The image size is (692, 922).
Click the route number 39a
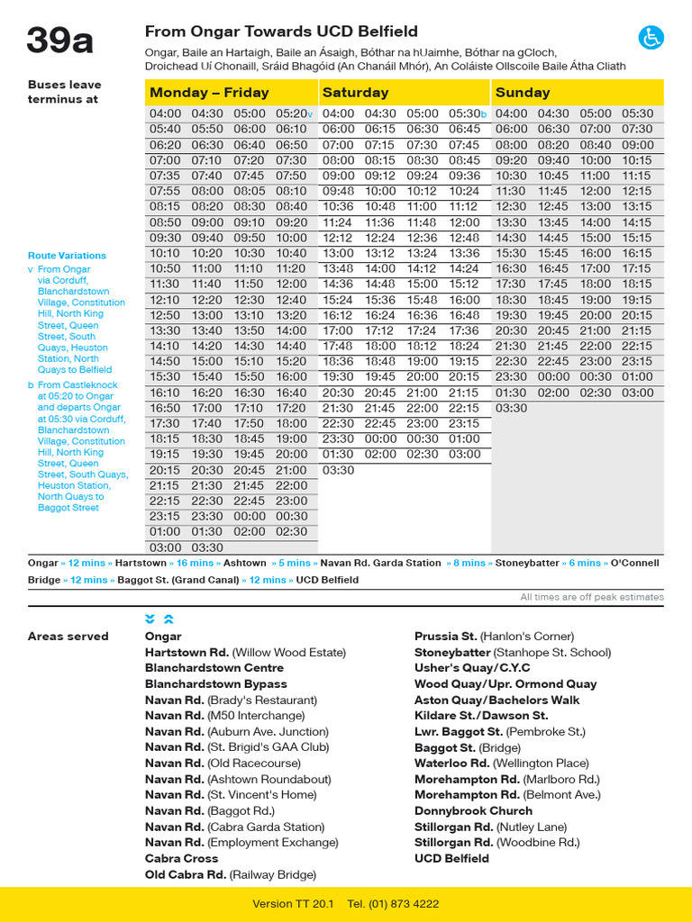coord(59,41)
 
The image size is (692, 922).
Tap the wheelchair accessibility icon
coord(651,37)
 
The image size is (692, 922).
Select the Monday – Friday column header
coord(209,93)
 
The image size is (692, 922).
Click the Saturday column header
coord(355,93)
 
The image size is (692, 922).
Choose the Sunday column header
coord(523,93)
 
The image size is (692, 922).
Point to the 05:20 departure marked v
coord(294,114)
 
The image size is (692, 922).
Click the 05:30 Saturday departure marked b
coord(466,114)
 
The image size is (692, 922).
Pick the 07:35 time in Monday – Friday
coord(165,176)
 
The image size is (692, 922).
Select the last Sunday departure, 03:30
coord(511,408)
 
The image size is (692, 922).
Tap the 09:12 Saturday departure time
coord(380,176)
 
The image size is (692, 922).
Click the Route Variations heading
coord(67,256)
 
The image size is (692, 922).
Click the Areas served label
coord(68,637)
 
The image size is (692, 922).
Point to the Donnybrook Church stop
coord(473,810)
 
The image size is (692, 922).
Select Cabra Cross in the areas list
coord(181,858)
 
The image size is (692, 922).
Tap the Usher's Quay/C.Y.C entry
coord(472,668)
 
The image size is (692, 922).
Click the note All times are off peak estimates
coord(591,597)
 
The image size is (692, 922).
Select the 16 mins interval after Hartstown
coord(195,563)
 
